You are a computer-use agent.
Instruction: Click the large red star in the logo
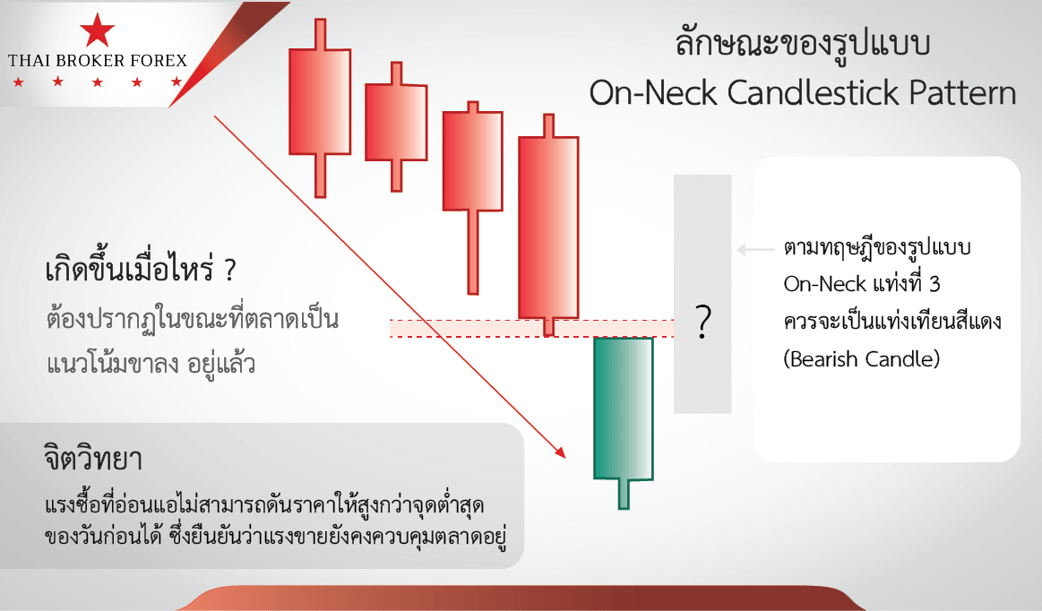coord(97,32)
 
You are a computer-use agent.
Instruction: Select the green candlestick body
coord(624,408)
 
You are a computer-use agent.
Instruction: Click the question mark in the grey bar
coord(703,322)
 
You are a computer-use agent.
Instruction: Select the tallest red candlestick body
coord(547,227)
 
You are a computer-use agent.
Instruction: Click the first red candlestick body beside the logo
coord(318,101)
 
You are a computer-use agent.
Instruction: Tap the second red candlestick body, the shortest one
coord(395,122)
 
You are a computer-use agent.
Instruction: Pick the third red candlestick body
coord(472,160)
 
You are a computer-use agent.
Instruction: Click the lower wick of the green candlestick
coord(624,494)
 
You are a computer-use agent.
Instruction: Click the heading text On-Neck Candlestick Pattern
coord(803,94)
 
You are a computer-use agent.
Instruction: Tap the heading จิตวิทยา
coord(93,460)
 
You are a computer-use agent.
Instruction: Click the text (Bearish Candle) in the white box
coord(864,359)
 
